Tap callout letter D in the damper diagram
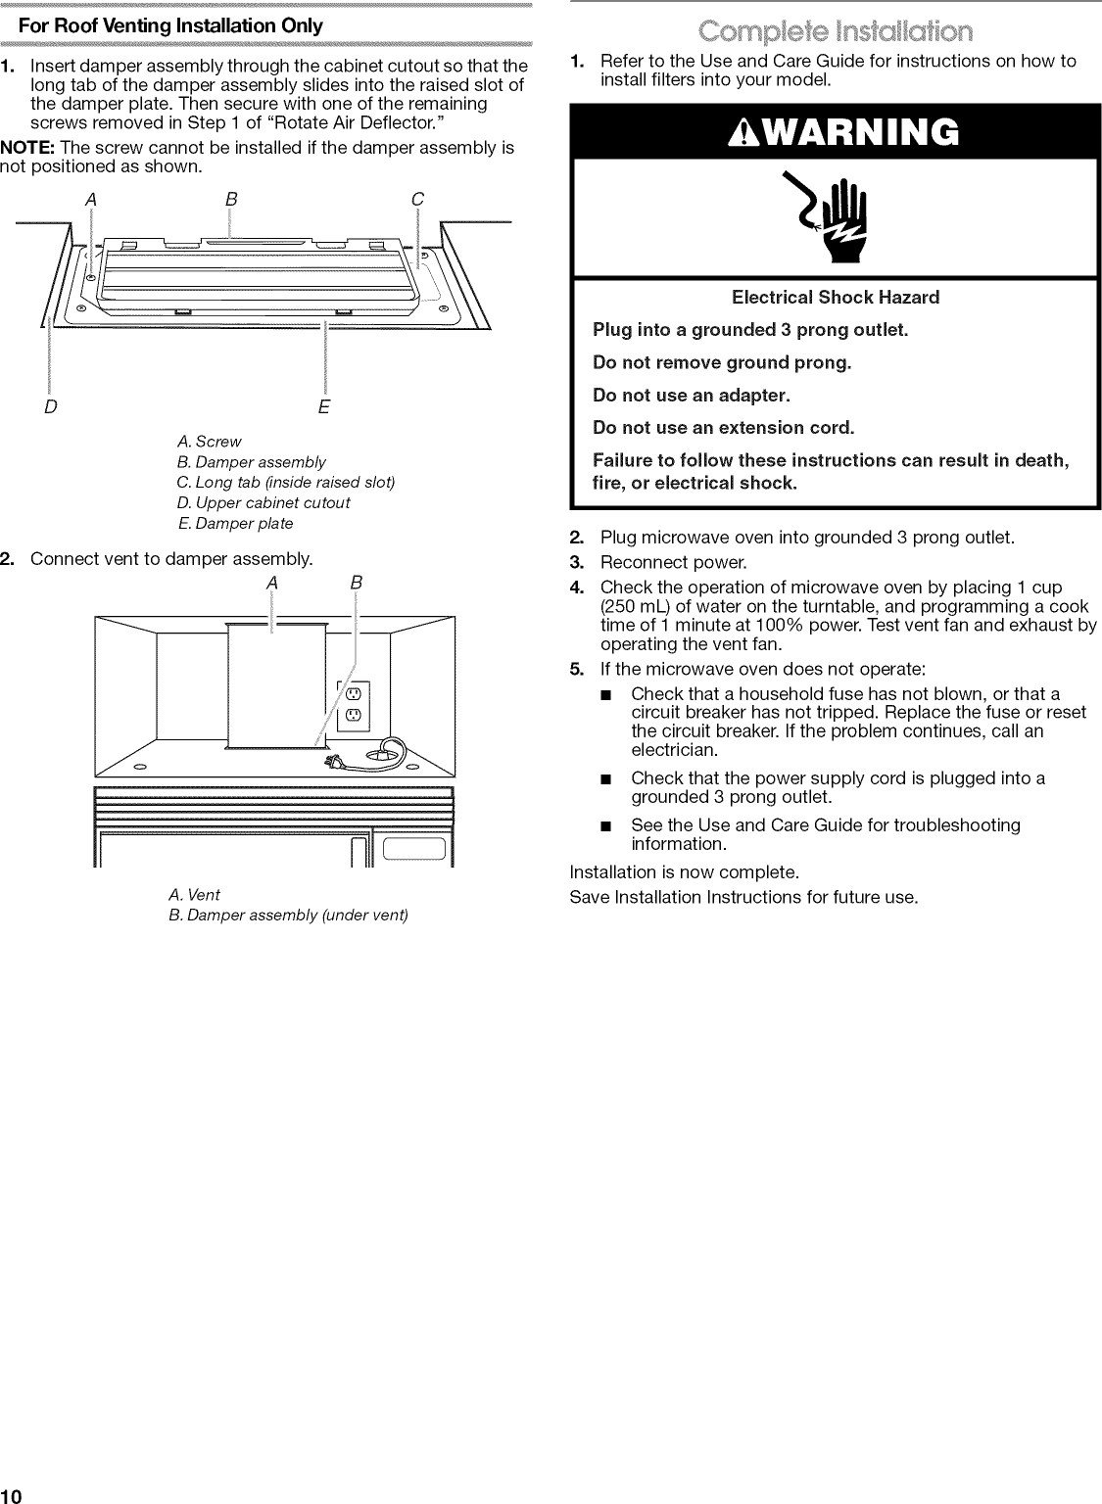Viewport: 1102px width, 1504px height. [x=49, y=405]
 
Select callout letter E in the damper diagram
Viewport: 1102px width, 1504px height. [x=324, y=405]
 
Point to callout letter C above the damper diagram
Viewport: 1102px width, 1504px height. [x=417, y=200]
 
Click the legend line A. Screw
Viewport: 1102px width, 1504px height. [x=209, y=442]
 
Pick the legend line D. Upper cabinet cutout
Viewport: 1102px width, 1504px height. [x=263, y=502]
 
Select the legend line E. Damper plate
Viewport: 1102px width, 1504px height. [x=235, y=523]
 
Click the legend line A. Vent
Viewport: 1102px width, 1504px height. [x=194, y=894]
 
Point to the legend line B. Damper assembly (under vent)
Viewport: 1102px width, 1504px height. [x=288, y=915]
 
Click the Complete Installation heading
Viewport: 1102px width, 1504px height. [x=835, y=31]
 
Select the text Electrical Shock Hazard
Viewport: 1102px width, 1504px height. [x=835, y=297]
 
